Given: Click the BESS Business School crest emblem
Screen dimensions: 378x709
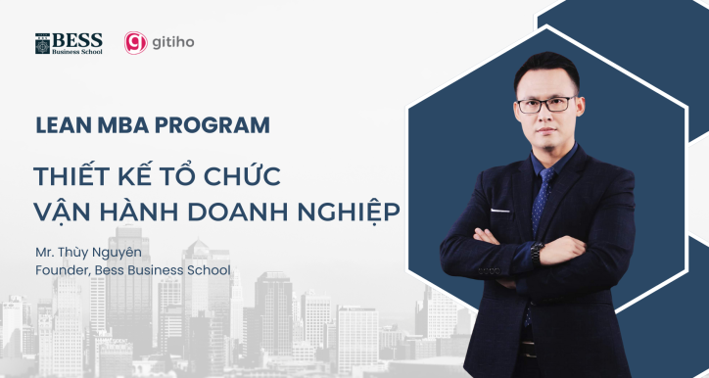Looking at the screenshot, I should click(x=42, y=44).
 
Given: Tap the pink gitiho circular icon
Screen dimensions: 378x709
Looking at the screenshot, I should click(x=135, y=43).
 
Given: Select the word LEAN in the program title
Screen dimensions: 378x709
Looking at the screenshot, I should click(x=57, y=125).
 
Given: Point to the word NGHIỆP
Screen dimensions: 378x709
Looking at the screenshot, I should click(x=347, y=213).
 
